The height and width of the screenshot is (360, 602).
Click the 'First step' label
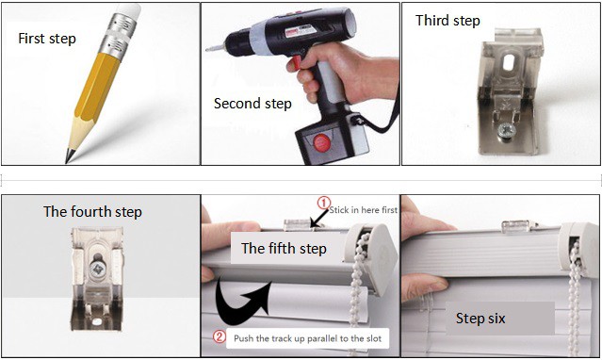(x=47, y=39)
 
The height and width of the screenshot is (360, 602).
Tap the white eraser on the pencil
(x=129, y=10)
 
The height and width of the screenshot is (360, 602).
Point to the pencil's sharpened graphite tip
(x=69, y=155)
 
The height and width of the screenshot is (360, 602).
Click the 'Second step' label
(x=252, y=104)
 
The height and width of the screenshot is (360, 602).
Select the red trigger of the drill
(x=297, y=62)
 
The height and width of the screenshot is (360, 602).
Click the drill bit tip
(x=207, y=49)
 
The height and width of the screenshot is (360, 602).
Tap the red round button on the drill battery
(x=322, y=143)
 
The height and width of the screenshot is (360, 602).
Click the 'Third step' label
(x=447, y=21)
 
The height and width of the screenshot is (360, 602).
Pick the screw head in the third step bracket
(x=507, y=130)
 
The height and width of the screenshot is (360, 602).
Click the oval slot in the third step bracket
(x=509, y=62)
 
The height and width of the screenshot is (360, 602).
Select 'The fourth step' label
(x=92, y=212)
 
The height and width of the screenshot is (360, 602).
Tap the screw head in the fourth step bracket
(x=97, y=269)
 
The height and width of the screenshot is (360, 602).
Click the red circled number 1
(x=323, y=203)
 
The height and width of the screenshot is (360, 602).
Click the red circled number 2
(x=220, y=337)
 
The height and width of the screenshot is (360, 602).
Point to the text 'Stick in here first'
(x=364, y=210)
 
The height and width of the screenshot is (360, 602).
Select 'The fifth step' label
(x=285, y=249)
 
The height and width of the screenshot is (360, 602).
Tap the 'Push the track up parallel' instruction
(x=307, y=338)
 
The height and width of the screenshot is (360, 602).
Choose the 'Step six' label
(x=480, y=319)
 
